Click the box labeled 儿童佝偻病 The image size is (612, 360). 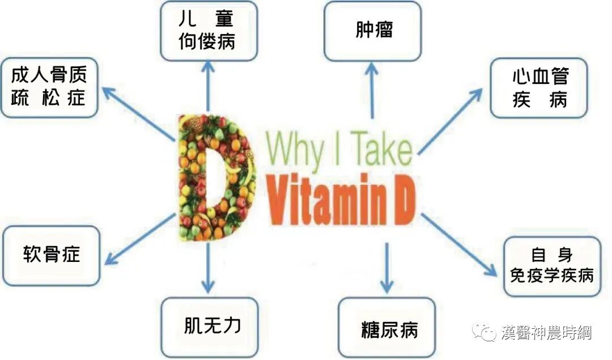208,31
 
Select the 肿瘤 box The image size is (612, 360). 373,31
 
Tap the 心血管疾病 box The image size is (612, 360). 539,88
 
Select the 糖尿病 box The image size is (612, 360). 387,328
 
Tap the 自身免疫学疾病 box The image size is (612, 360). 552,266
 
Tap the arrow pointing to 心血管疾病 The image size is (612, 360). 450,121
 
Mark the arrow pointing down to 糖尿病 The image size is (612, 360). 386,266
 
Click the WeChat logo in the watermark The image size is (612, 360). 486,332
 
